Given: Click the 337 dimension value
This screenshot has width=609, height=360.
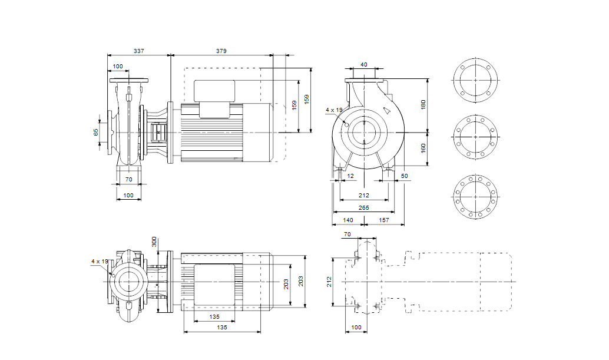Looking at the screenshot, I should [x=138, y=52].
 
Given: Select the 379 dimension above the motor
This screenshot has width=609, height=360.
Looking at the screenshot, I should [x=221, y=52].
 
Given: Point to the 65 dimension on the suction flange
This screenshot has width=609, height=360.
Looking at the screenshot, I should [x=97, y=132].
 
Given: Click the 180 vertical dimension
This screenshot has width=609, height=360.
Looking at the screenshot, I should [x=423, y=104].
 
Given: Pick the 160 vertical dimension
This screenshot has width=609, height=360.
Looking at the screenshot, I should [x=423, y=148].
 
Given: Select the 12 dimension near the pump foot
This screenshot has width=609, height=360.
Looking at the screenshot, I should [x=351, y=176].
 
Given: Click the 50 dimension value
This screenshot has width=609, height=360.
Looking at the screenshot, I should [x=404, y=176].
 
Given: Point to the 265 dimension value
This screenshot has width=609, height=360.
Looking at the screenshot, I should [x=363, y=207].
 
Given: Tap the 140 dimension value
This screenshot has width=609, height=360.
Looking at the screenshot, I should [x=347, y=220].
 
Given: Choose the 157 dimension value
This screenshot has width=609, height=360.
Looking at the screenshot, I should [x=384, y=220].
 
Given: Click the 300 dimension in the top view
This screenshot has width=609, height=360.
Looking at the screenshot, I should [x=155, y=243].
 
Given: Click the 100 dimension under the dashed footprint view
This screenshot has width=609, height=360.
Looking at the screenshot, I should [x=356, y=326].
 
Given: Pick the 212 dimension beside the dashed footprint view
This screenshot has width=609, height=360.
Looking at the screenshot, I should [x=330, y=282].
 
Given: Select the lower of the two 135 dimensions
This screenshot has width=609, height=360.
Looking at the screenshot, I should [x=222, y=327].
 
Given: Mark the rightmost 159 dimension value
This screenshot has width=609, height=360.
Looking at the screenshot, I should [x=306, y=100].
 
